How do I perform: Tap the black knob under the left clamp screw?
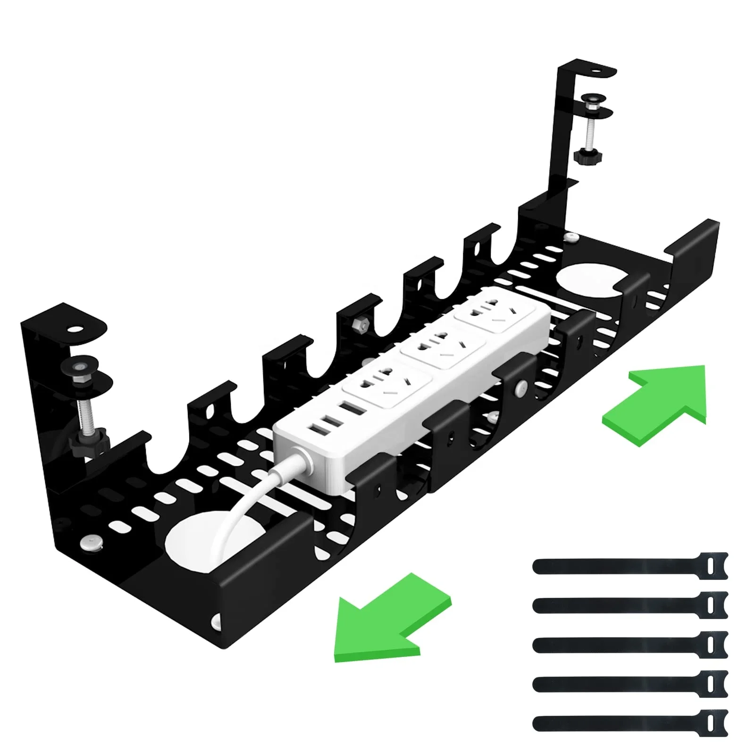pos(88,444)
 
